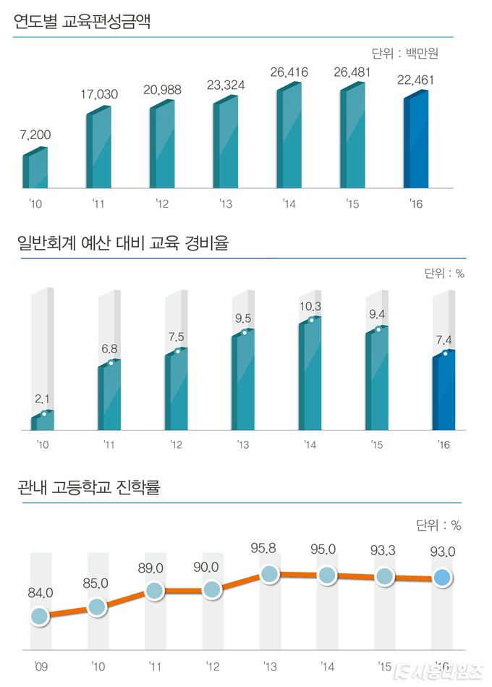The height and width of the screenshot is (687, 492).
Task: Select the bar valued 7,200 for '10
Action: [x=35, y=169]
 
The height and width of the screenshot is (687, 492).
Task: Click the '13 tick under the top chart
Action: [x=225, y=205]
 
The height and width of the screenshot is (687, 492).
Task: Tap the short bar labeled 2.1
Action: [x=43, y=421]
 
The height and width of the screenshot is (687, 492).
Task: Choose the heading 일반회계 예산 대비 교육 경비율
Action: [x=122, y=243]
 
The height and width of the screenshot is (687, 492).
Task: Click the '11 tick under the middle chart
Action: [x=109, y=444]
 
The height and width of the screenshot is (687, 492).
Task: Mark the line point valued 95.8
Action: [x=269, y=575]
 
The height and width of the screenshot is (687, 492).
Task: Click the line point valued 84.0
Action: [x=40, y=617]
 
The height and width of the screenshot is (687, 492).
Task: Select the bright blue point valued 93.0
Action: [x=443, y=577]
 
